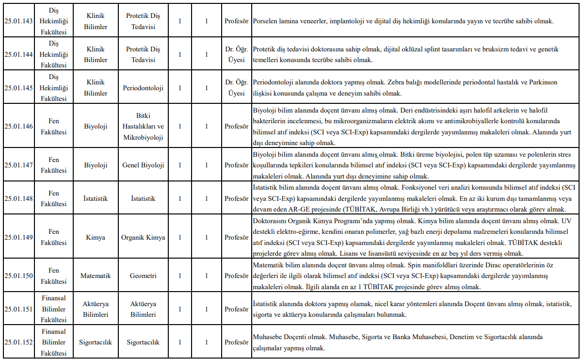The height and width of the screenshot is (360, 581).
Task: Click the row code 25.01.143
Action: (18, 21)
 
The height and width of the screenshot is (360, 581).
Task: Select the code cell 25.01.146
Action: (18, 126)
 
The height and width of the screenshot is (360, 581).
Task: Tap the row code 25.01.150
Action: (18, 276)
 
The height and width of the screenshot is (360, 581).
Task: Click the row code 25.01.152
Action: (18, 342)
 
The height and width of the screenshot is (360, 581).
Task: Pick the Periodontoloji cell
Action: (143, 88)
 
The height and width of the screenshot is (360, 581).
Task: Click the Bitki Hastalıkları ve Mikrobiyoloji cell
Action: (143, 126)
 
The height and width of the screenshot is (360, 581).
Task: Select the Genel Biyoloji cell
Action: (143, 165)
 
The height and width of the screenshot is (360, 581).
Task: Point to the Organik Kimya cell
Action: (143, 237)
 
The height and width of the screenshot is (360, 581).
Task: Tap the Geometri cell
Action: (143, 276)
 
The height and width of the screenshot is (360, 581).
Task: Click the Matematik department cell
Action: (96, 276)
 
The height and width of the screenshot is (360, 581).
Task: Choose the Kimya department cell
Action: (96, 237)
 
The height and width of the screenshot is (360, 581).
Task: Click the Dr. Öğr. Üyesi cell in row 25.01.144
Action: (237, 54)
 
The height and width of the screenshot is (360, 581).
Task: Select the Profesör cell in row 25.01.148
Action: (237, 198)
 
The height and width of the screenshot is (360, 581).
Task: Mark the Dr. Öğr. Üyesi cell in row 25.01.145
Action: (237, 88)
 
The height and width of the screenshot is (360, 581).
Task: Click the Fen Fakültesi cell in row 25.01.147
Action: (54, 165)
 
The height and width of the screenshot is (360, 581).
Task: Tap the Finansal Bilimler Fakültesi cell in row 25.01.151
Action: (54, 309)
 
